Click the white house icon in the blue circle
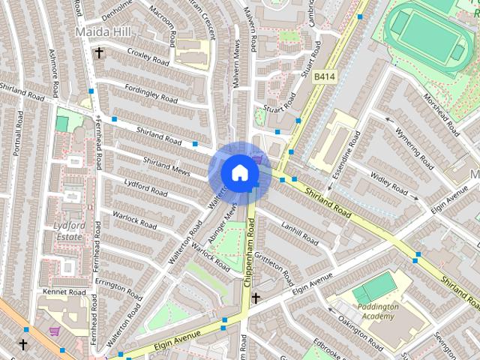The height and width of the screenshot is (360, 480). coord(239,172)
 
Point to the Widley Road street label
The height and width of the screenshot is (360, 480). coord(388,182)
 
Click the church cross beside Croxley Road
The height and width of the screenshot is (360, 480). coord(99,52)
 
